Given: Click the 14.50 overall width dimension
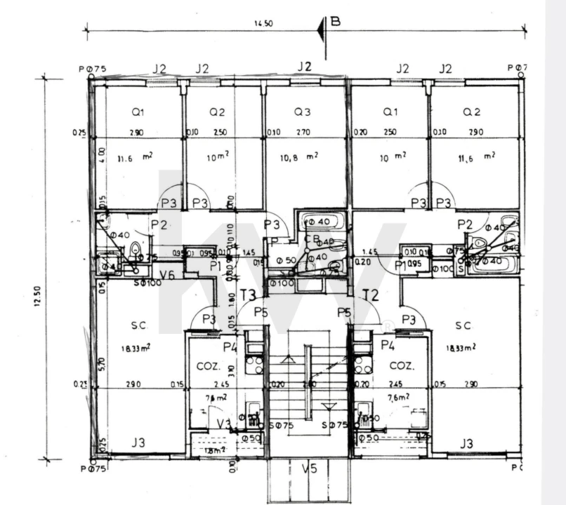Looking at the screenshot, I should click(263, 23).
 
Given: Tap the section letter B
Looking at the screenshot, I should click(335, 21).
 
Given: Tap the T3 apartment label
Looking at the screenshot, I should click(247, 295).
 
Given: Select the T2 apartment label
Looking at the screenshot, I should click(370, 295).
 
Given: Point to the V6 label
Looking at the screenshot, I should click(167, 274).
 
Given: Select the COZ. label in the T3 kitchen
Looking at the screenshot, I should click(208, 365).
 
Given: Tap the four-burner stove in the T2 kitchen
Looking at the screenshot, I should click(362, 365).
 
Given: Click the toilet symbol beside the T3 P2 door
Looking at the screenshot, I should click(136, 250).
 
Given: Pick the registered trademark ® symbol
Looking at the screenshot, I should click(386, 326).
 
